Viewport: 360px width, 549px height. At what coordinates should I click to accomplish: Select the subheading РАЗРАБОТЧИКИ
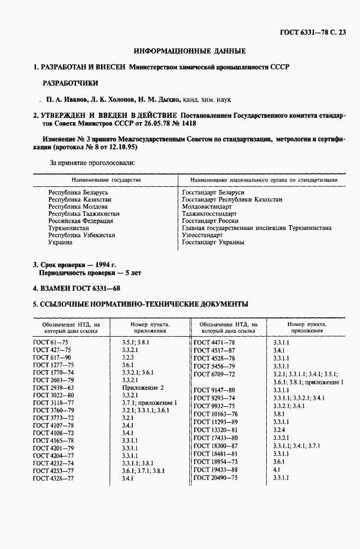pyautogui.click(x=70, y=83)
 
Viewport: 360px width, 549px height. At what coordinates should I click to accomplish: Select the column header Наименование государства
pyautogui.click(x=106, y=179)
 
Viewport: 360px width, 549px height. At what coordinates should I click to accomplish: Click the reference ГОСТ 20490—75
pyautogui.click(x=217, y=478)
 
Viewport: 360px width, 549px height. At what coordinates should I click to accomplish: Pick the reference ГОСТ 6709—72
pyautogui.click(x=215, y=374)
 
